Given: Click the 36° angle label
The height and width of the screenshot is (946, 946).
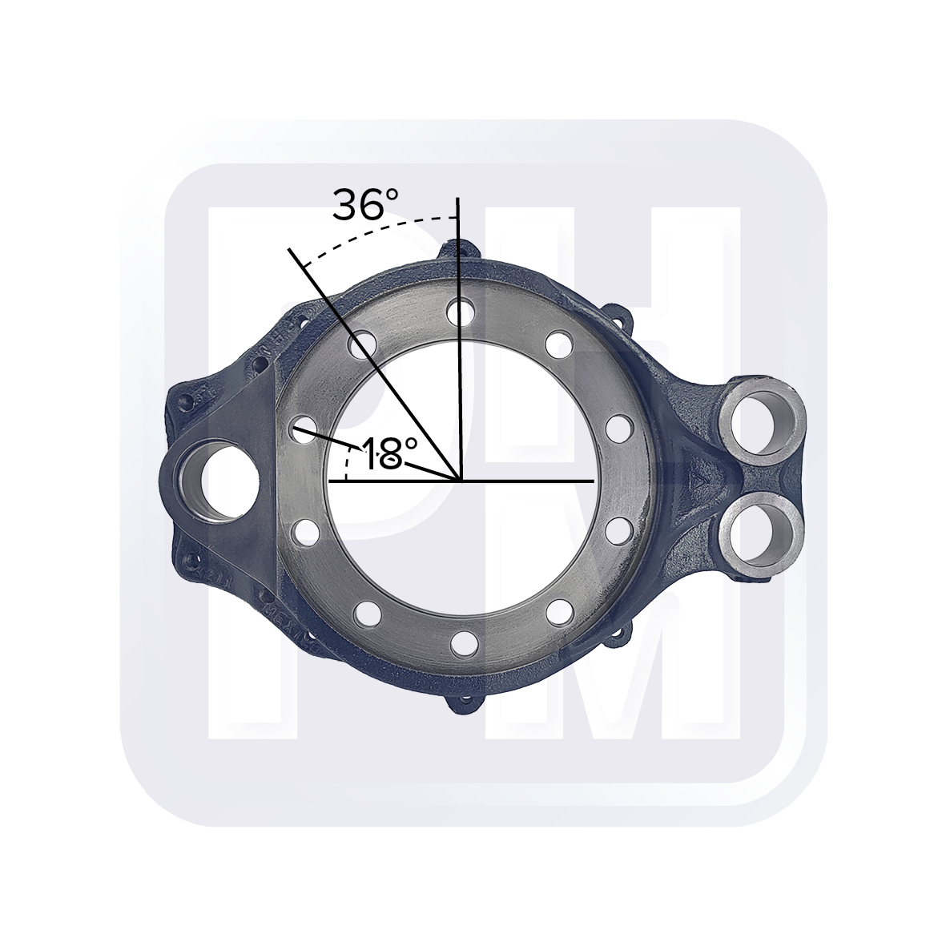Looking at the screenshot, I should [365, 206].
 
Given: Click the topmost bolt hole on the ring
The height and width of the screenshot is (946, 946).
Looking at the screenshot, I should [459, 309].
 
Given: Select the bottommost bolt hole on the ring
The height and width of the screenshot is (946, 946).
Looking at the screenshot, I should [462, 642].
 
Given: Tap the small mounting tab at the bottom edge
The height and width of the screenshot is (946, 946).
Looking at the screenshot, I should [464, 706].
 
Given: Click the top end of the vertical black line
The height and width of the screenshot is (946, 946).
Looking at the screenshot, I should [458, 197].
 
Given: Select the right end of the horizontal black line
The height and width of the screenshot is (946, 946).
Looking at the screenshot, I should [594, 481].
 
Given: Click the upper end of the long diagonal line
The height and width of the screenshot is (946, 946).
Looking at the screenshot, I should [290, 251].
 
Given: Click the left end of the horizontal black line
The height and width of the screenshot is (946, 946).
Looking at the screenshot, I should [330, 481].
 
